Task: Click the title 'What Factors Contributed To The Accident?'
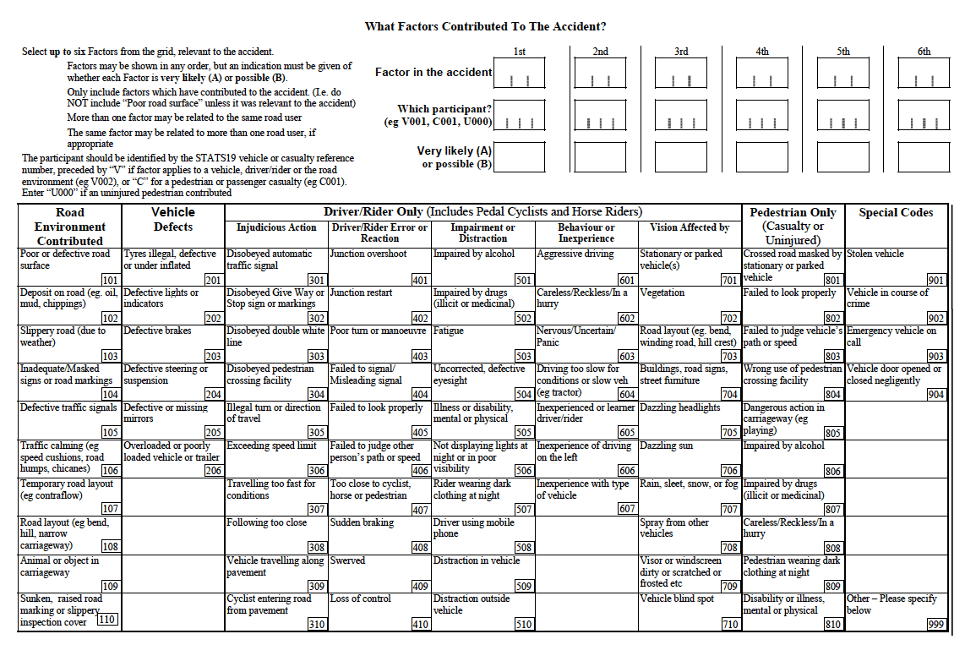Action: (x=485, y=27)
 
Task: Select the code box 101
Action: (x=110, y=281)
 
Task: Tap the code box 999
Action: (x=935, y=624)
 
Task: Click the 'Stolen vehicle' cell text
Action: (x=875, y=254)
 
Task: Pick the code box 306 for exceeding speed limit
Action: (x=317, y=471)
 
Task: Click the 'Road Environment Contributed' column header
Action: (x=70, y=227)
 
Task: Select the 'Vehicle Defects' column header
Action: (x=173, y=219)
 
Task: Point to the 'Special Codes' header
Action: (x=896, y=213)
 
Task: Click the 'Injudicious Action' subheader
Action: (x=276, y=227)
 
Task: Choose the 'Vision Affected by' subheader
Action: (x=690, y=227)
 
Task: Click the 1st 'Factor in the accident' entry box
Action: (x=520, y=74)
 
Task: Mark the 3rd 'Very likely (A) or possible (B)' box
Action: (x=681, y=157)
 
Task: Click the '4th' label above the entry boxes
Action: (x=762, y=52)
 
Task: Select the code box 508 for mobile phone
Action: (x=524, y=548)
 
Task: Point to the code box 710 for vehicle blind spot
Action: (x=730, y=624)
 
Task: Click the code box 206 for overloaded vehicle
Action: (x=213, y=471)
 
